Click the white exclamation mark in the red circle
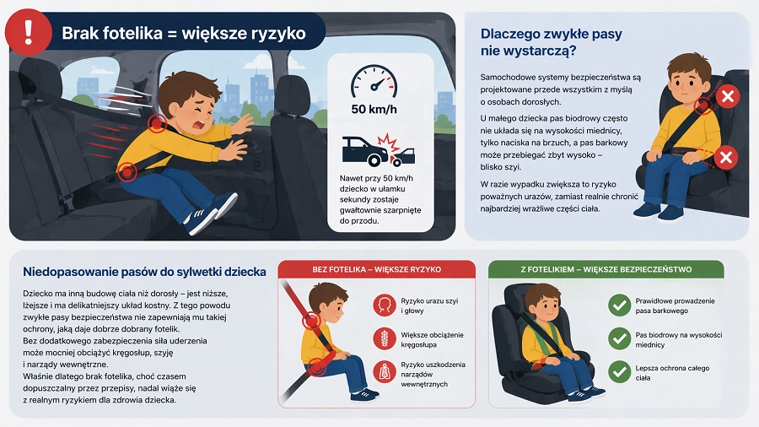29,33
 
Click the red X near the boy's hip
727,157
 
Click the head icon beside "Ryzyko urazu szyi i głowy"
385,305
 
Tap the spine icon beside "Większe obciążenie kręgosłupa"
385,339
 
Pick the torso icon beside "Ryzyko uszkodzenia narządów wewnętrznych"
385,372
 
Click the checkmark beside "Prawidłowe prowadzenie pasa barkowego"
620,305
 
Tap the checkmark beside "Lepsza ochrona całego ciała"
620,372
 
